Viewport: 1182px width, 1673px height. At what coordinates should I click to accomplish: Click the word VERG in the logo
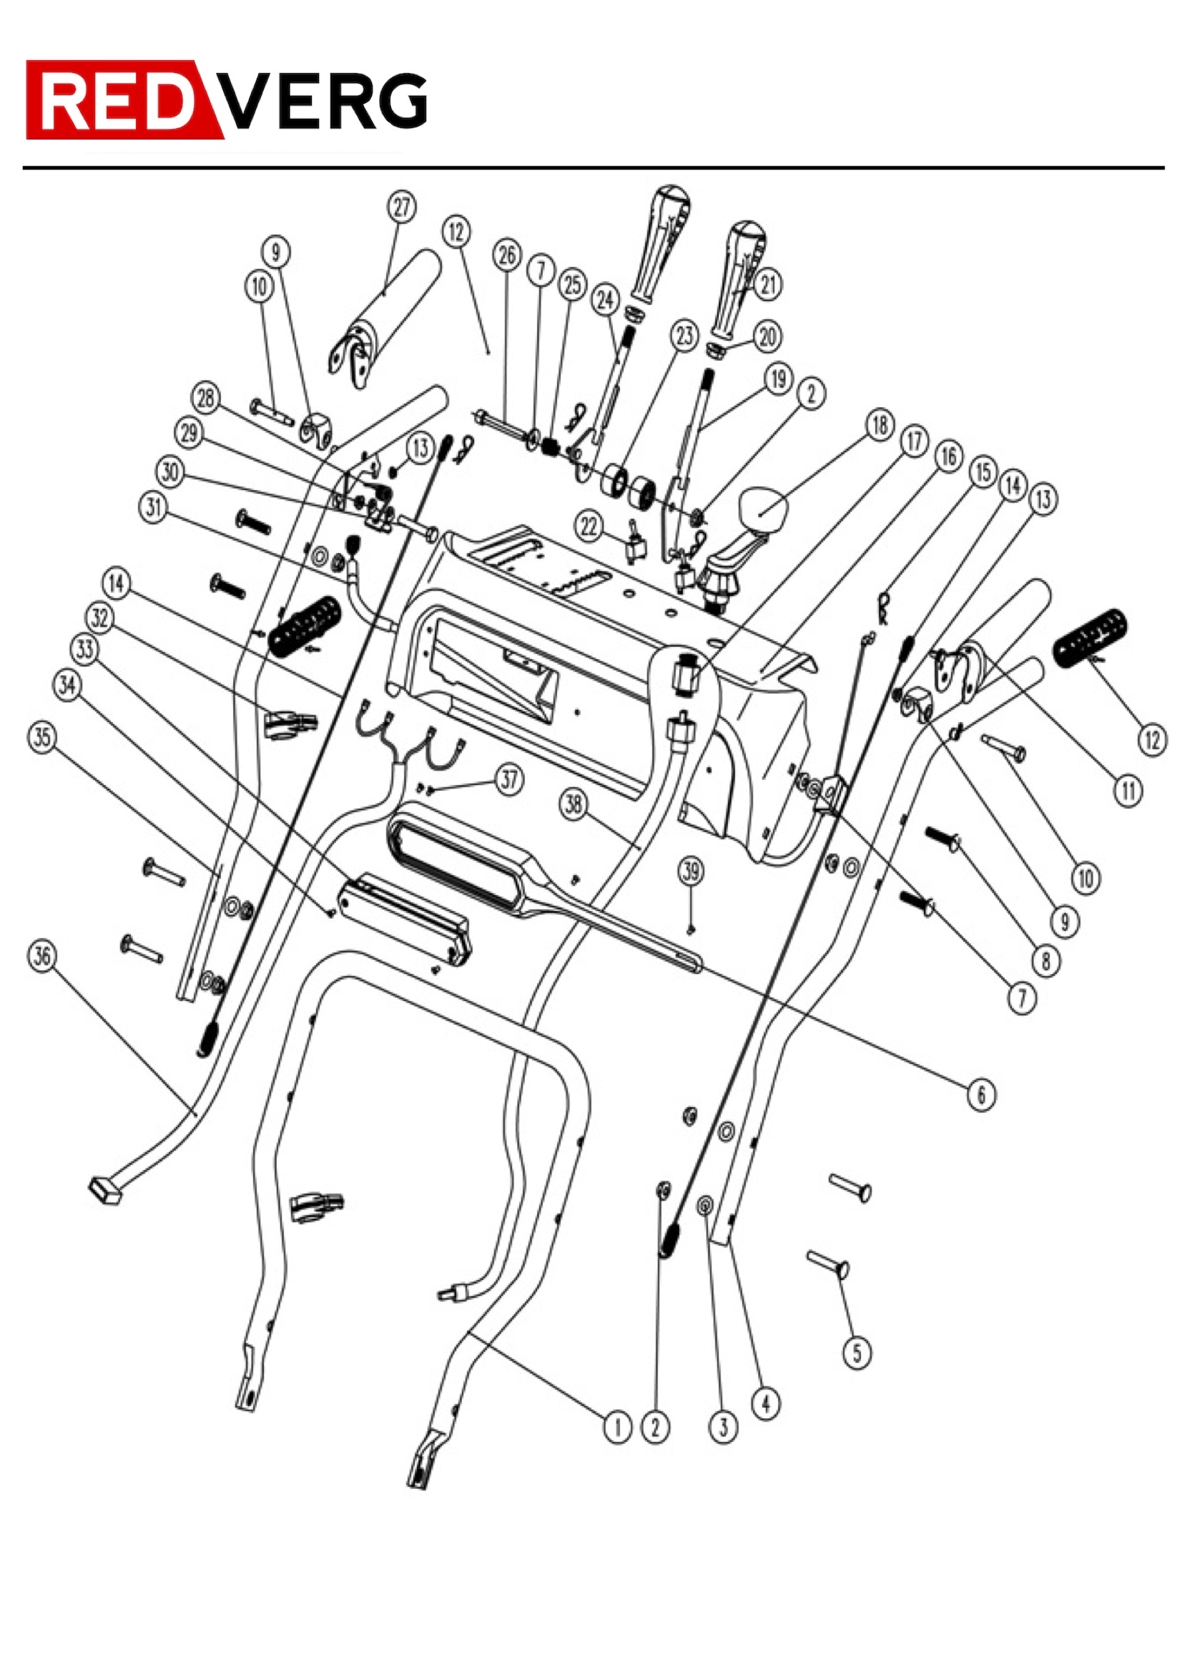tap(324, 102)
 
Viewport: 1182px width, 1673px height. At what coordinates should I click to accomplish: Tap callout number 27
tap(401, 208)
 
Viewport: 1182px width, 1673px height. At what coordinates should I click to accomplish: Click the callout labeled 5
tap(857, 1353)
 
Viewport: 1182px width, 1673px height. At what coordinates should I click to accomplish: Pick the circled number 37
tap(509, 780)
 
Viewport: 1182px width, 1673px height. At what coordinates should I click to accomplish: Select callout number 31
tap(153, 507)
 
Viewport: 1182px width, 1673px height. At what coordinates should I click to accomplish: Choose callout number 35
tap(42, 738)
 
